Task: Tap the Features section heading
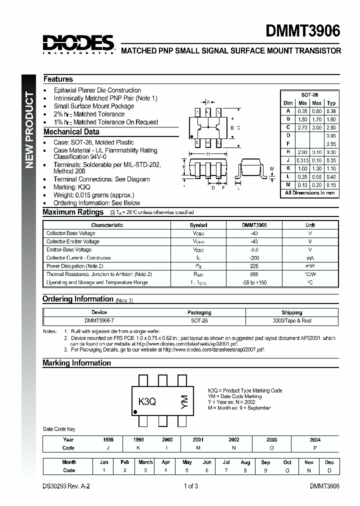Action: (x=58, y=79)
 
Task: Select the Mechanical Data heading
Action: (x=71, y=132)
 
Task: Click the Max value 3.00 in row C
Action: (x=316, y=128)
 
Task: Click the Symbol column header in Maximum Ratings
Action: (x=198, y=225)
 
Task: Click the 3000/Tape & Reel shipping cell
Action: (x=291, y=320)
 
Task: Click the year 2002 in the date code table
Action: (x=233, y=440)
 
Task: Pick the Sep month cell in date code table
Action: (x=265, y=462)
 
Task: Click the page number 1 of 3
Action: (x=190, y=486)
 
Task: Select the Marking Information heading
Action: (x=76, y=363)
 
